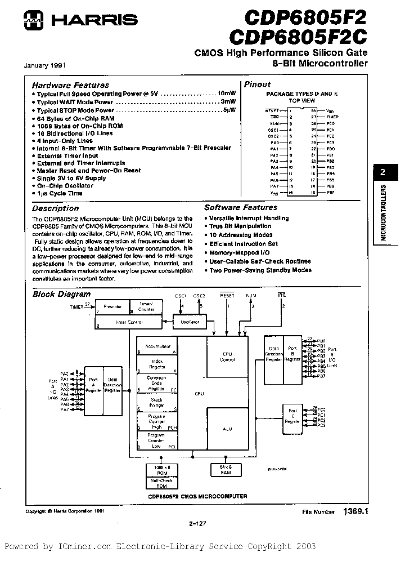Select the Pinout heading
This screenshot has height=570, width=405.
point(257,84)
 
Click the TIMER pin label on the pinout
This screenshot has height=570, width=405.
point(333,116)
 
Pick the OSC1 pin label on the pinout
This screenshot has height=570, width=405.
point(273,129)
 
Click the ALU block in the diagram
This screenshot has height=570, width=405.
point(227,429)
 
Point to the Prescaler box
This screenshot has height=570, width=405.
point(113,307)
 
